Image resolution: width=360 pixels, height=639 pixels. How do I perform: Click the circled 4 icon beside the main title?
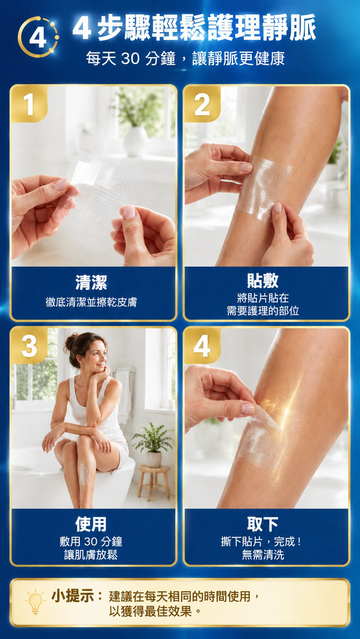[38, 37]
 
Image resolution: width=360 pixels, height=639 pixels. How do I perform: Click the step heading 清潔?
[91, 283]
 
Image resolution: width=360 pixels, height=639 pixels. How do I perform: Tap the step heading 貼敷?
[263, 281]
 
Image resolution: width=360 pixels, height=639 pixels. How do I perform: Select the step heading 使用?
[91, 524]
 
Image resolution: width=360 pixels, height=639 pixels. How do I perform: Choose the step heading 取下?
[263, 524]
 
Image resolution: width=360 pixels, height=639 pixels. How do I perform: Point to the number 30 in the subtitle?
[130, 58]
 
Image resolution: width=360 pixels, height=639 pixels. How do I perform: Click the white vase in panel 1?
[135, 141]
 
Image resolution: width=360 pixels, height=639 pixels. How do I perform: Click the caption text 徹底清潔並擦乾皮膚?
[91, 302]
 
